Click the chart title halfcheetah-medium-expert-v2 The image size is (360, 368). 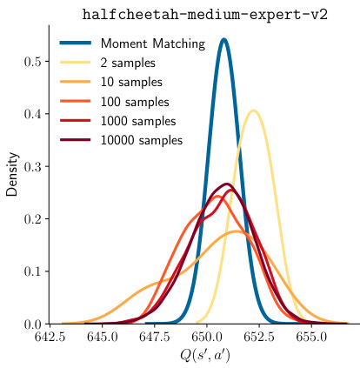pyautogui.click(x=204, y=16)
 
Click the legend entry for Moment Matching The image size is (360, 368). pyautogui.click(x=152, y=43)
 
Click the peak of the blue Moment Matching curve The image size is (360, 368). pyautogui.click(x=223, y=39)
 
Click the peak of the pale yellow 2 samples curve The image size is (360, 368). pyautogui.click(x=253, y=110)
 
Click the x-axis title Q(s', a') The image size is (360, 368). pyautogui.click(x=204, y=355)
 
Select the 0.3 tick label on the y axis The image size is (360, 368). pyautogui.click(x=33, y=166)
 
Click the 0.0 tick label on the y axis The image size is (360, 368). pyautogui.click(x=33, y=324)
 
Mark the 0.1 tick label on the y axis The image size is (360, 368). pyautogui.click(x=33, y=271)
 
